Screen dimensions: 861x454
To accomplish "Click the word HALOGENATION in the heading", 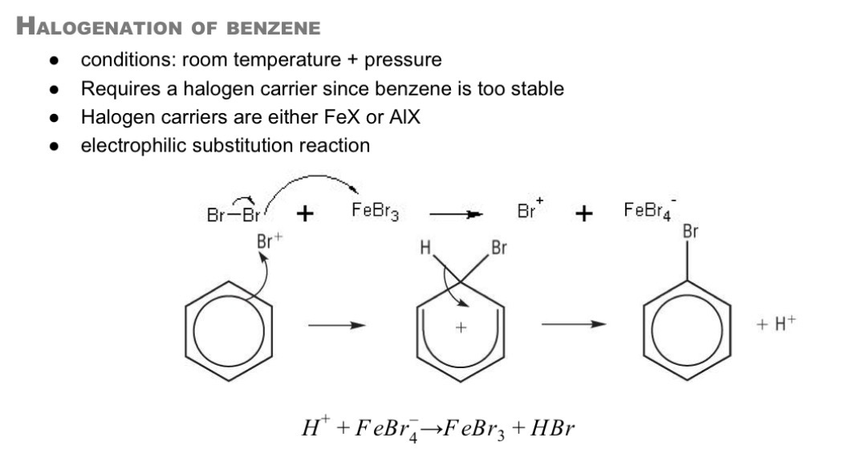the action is [x=98, y=26].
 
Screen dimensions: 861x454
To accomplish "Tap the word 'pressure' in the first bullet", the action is [x=403, y=60].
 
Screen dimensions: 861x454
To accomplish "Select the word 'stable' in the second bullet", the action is [x=535, y=88].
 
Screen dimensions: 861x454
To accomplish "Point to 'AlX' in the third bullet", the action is [x=404, y=117].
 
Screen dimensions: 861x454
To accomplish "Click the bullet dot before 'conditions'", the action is [x=54, y=60].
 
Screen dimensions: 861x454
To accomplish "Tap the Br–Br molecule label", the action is [x=234, y=215].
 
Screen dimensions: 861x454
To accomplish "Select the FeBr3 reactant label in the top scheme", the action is [x=375, y=211].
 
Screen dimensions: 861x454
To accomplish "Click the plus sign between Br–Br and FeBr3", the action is [x=305, y=213].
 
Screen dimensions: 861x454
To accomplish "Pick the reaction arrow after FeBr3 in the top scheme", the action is [x=456, y=214].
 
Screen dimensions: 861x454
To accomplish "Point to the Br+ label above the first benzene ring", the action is [x=269, y=241].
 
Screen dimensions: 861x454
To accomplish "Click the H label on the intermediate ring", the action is [x=425, y=248].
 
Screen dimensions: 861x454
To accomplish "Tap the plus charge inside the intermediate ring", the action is [x=461, y=328].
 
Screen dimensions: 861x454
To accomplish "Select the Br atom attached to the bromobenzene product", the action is [x=690, y=231].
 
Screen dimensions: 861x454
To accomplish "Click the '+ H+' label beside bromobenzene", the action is [x=776, y=323].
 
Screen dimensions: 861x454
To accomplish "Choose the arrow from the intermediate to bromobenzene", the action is [x=573, y=324].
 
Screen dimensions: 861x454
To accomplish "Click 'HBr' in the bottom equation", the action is [x=552, y=428].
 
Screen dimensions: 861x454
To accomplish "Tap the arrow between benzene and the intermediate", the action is [x=336, y=325].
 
